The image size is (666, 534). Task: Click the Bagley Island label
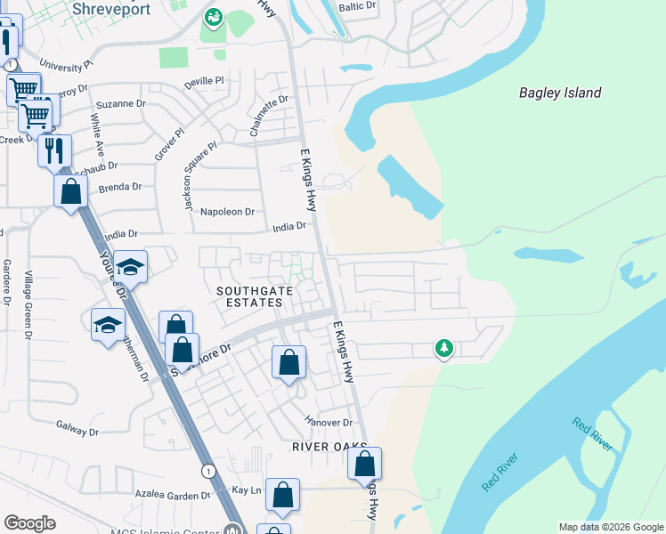(560, 93)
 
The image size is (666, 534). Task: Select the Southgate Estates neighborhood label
(250, 296)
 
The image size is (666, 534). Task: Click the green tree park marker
(443, 348)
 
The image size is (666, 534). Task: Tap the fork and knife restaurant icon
(54, 150)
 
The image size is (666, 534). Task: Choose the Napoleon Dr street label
(228, 212)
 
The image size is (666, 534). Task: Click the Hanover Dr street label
(329, 422)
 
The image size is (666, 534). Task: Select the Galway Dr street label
(77, 432)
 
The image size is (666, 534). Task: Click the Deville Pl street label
(204, 81)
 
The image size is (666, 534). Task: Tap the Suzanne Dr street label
(120, 103)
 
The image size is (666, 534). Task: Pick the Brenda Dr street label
(120, 187)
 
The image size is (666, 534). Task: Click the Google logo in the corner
(29, 523)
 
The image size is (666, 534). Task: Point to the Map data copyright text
(610, 527)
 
